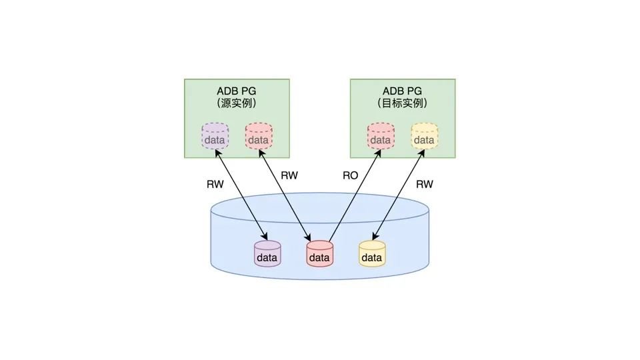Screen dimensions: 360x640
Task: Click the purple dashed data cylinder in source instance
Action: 215,137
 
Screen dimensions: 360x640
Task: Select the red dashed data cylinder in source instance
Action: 257,137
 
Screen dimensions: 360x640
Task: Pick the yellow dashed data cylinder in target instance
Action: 423,137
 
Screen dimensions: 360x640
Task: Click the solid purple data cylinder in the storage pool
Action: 268,254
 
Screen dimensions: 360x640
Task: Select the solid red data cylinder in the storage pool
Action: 319,254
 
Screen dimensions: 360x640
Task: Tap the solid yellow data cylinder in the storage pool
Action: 372,254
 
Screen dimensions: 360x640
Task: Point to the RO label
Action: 350,176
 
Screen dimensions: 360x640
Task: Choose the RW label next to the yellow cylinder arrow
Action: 425,184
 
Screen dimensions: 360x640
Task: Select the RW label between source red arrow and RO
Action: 289,176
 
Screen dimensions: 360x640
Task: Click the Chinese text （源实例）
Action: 236,104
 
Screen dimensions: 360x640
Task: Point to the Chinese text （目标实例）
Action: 402,104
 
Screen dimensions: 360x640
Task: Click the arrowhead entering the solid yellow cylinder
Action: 375,238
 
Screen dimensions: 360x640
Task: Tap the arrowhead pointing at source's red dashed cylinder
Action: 259,153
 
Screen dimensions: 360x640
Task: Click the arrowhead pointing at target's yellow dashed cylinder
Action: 422,153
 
